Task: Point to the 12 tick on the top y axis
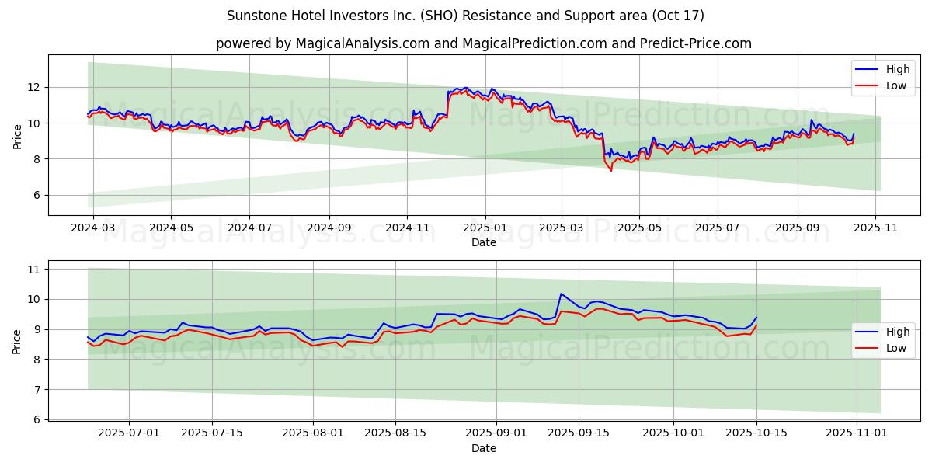(34, 87)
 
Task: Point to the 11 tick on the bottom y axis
(34, 270)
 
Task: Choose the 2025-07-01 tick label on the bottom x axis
(128, 433)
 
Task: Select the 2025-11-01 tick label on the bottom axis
(856, 433)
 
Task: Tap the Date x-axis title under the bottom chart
(484, 448)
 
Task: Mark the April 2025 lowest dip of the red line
(611, 170)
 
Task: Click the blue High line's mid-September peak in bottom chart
(561, 294)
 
